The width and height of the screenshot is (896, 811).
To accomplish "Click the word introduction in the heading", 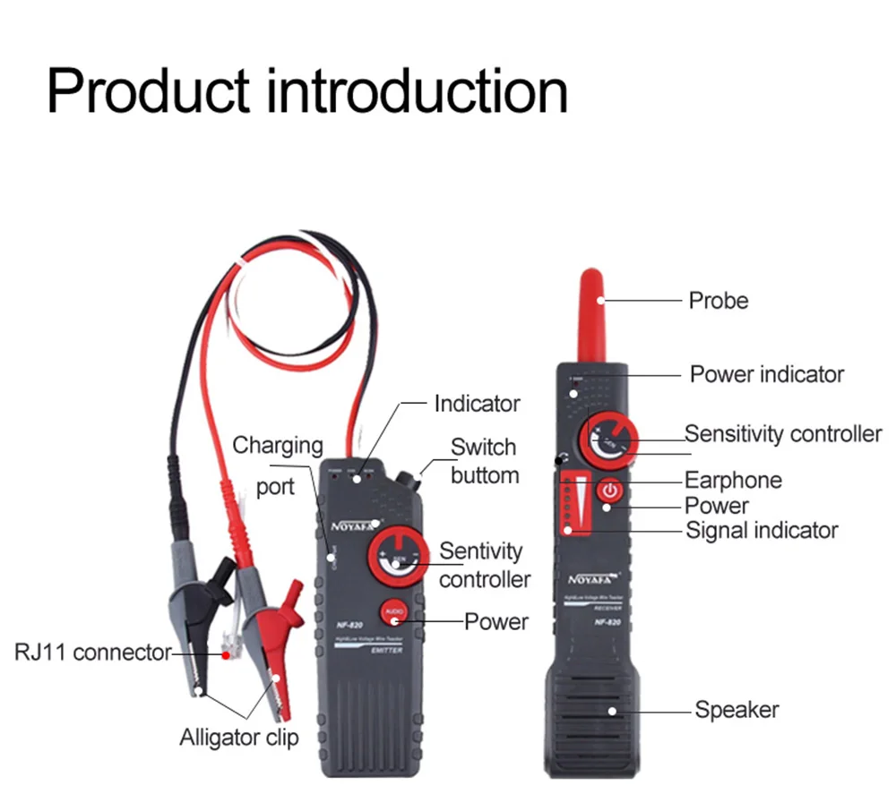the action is pos(418,90).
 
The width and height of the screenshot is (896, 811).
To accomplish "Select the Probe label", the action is pos(718,301).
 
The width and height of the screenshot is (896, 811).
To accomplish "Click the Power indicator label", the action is pos(766,373).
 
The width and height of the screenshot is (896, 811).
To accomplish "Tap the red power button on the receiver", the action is pos(609,491).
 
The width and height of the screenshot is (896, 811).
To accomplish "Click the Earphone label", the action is pos(733,480).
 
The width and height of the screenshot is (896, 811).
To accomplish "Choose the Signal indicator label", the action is pos(762,530).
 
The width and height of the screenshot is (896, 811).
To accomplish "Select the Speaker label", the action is pos(737,710).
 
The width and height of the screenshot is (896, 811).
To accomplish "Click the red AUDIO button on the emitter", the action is pos(392,613).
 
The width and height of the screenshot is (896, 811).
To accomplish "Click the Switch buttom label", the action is pos(484,461).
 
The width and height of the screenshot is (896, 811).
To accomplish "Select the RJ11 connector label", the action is pos(92,652).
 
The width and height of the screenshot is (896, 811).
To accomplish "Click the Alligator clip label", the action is pos(238,738).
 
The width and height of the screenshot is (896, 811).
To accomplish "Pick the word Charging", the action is pos(278,445).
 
